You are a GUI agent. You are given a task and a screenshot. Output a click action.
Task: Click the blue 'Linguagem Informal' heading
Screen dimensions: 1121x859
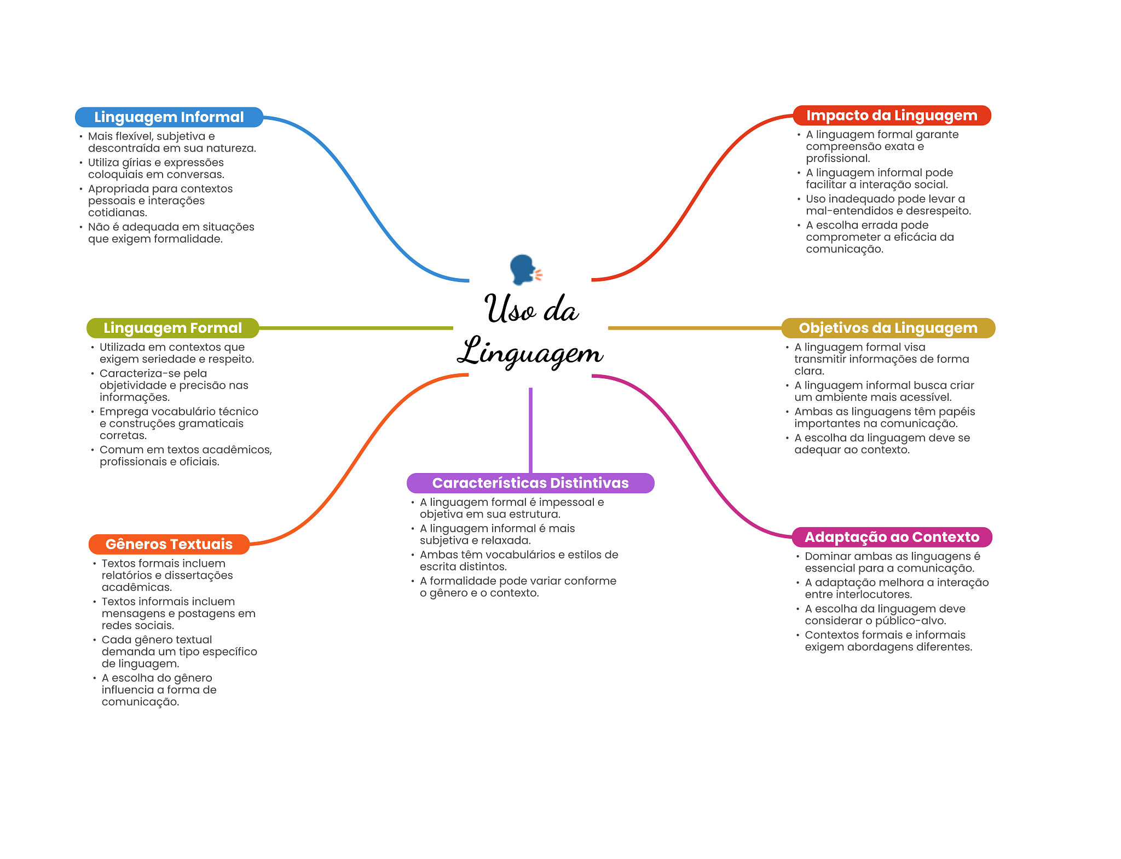[x=169, y=117]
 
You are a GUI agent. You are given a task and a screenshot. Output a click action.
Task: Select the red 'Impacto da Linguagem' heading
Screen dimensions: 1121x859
[x=891, y=116]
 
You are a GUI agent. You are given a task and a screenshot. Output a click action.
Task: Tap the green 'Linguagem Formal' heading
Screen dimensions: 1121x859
[x=172, y=328]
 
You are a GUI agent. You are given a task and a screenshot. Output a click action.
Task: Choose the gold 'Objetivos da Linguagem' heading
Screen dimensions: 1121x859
[x=887, y=328]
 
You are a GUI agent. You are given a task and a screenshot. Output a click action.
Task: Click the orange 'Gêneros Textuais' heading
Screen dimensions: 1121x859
[x=169, y=544]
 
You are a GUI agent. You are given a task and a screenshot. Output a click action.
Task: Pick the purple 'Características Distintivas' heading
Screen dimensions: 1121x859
[x=530, y=483]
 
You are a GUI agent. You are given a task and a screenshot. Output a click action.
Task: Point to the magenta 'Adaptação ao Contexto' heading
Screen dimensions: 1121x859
[x=891, y=537]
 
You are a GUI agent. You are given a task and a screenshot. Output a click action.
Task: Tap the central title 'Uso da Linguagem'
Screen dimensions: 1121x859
[x=530, y=331]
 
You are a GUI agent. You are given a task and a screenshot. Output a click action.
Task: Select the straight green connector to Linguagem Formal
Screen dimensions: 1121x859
[x=356, y=328]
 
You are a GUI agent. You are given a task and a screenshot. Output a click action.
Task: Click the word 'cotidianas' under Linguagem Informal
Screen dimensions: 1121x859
[x=117, y=213]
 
